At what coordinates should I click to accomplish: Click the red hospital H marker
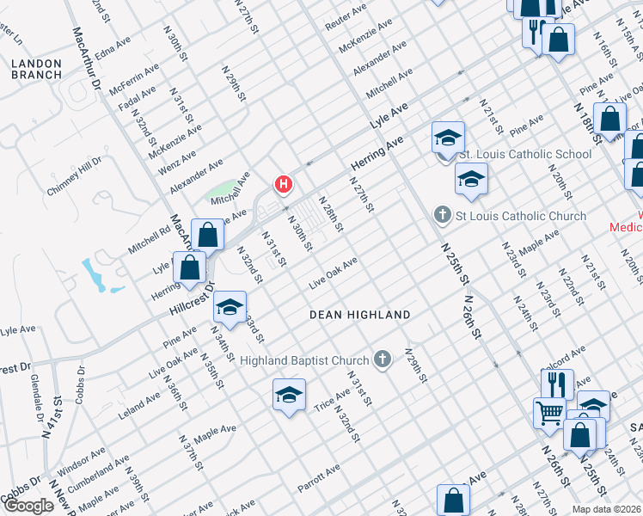point(283,184)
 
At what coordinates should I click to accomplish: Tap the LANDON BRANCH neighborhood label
point(37,70)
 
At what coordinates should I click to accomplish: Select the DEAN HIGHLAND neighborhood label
point(360,316)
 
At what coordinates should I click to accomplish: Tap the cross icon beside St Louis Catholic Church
point(443,215)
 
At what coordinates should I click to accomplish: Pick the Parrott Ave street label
point(320,478)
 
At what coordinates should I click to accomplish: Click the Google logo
point(28,506)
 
